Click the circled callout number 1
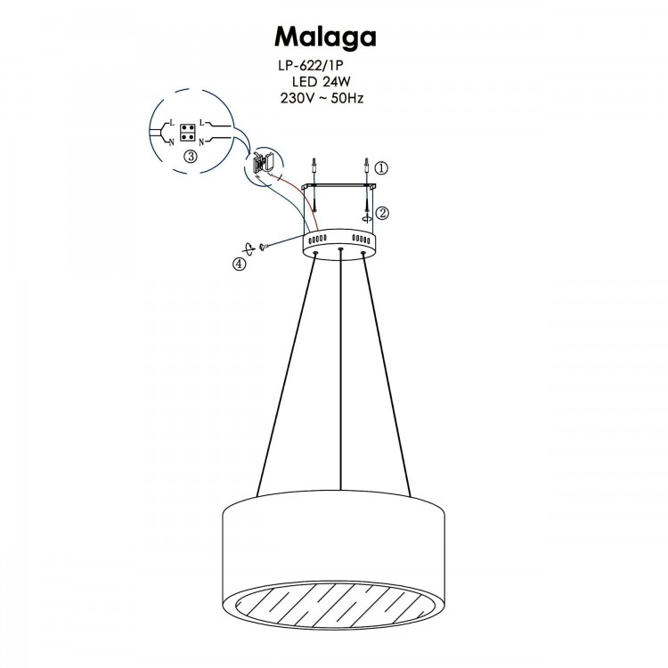pyautogui.click(x=382, y=167)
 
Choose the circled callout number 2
pyautogui.click(x=382, y=213)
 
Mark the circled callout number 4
pyautogui.click(x=239, y=264)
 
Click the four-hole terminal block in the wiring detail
pyautogui.click(x=188, y=133)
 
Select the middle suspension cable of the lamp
pyautogui.click(x=341, y=374)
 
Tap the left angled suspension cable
pyautogui.click(x=285, y=374)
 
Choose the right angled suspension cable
pyautogui.click(x=388, y=374)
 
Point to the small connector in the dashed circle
pyautogui.click(x=261, y=163)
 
